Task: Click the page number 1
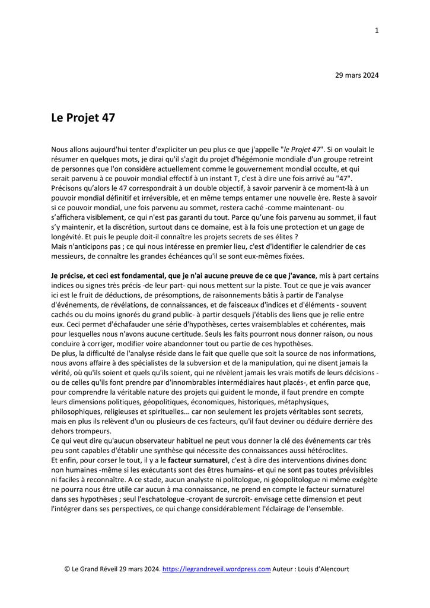point(377,31)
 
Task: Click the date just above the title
point(357,75)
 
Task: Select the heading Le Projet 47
point(83,118)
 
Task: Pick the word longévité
point(68,236)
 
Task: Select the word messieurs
point(69,256)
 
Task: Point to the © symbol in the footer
point(68,569)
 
